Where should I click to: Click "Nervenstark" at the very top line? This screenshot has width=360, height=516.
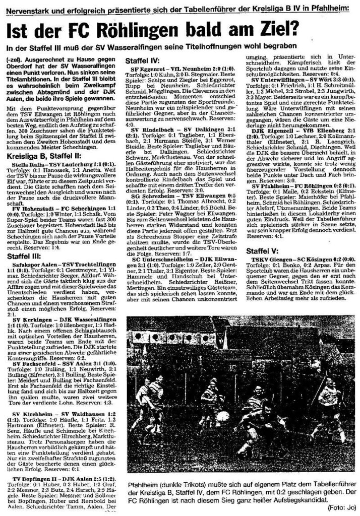tap(23, 7)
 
